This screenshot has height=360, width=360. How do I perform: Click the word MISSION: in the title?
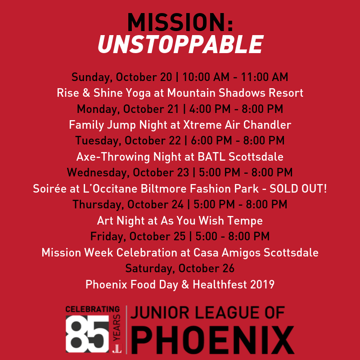pyautogui.click(x=180, y=22)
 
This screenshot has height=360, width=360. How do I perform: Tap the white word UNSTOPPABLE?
pyautogui.click(x=180, y=44)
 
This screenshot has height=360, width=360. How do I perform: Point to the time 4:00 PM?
pyautogui.click(x=210, y=109)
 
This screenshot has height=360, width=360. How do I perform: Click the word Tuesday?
pyautogui.click(x=98, y=141)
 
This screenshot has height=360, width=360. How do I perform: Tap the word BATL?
pyautogui.click(x=211, y=157)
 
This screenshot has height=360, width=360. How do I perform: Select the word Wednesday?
pyautogui.click(x=97, y=173)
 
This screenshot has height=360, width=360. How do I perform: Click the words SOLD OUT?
pyautogui.click(x=298, y=189)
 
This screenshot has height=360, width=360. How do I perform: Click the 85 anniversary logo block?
pyautogui.click(x=87, y=333)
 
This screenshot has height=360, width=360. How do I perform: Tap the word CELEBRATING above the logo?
pyautogui.click(x=93, y=309)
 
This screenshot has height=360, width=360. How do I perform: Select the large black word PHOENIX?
pyautogui.click(x=212, y=340)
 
